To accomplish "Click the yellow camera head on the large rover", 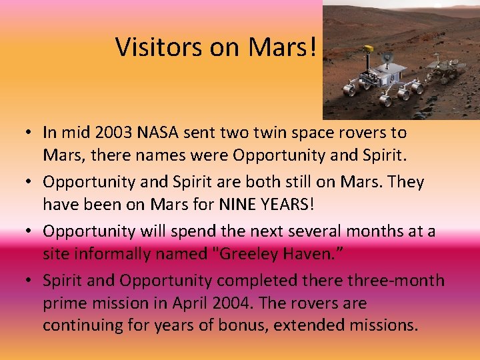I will point(367,49).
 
